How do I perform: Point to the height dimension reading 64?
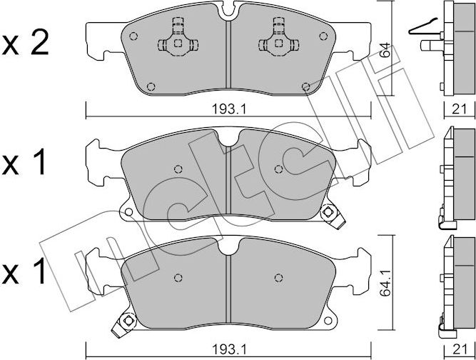point(385,51)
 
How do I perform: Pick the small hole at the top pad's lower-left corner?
point(150,87)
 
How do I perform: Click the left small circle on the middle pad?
point(178,170)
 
